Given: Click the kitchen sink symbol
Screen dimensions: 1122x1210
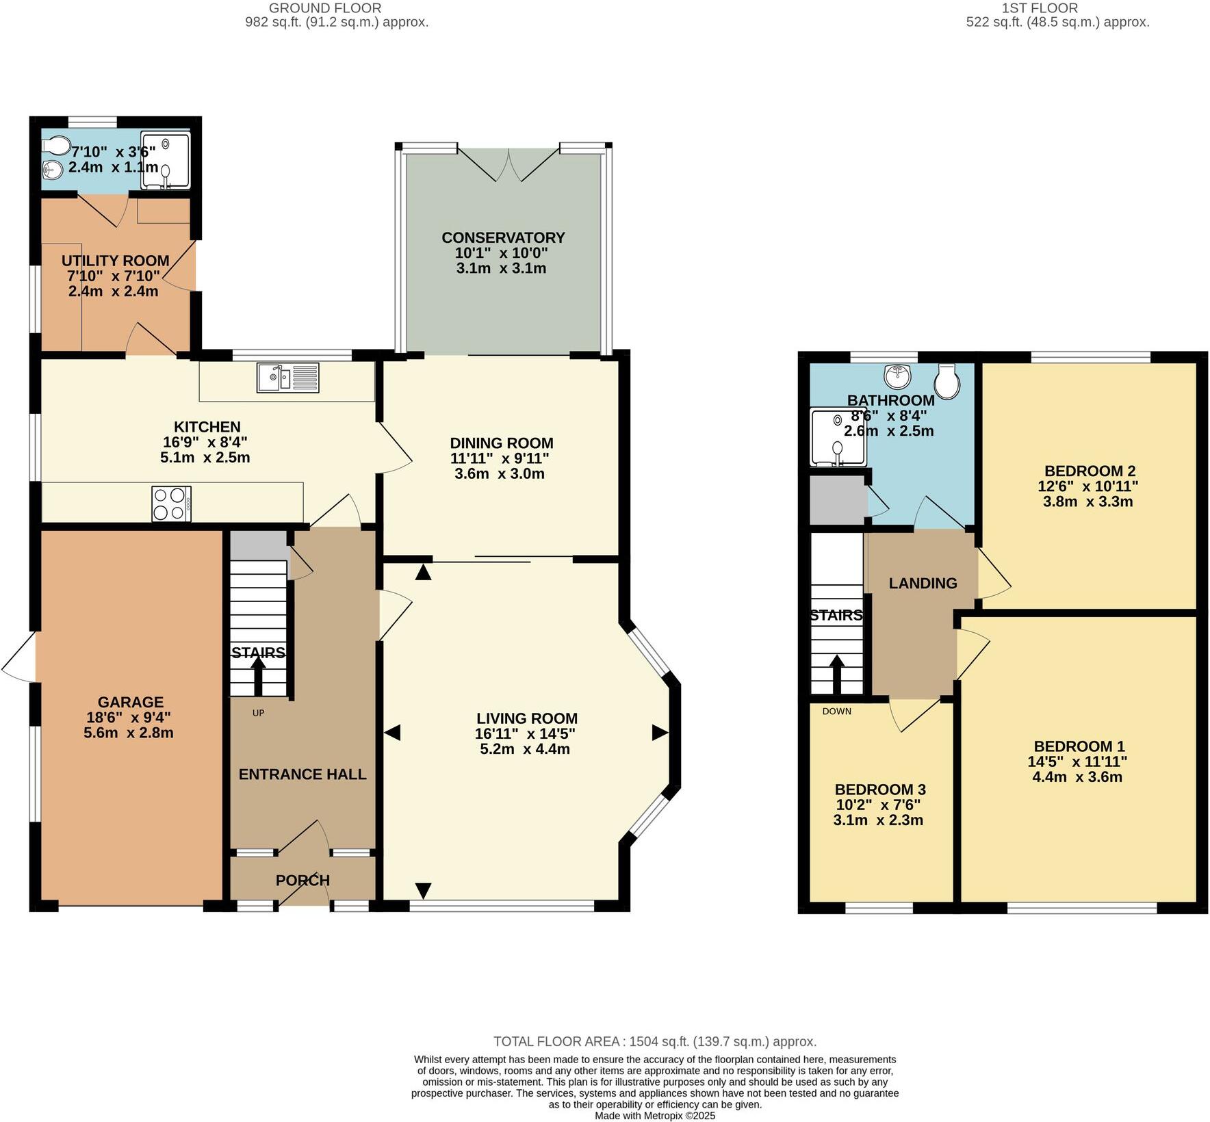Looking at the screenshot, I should (287, 377).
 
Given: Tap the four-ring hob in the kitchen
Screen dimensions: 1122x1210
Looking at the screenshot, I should (171, 504).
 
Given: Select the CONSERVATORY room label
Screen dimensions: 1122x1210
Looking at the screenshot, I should (503, 237).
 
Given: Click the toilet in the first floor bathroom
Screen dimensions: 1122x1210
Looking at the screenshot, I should (947, 381).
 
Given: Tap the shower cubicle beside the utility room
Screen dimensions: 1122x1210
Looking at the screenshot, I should (165, 160).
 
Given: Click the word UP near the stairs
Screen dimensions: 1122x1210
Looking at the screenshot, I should (258, 713).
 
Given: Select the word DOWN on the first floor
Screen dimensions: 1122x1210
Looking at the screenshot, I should (836, 712).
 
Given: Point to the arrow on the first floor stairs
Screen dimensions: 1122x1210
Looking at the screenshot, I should (836, 673).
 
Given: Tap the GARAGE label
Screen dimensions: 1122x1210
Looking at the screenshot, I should (131, 702).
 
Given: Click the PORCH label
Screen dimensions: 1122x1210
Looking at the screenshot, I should (302, 880).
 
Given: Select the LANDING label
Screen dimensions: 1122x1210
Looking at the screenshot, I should (923, 583).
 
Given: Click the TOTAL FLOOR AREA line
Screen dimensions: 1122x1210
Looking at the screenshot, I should (655, 1041).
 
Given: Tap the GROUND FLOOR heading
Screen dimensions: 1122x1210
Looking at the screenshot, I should (325, 8).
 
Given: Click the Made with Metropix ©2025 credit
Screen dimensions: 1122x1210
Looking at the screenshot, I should (655, 1115).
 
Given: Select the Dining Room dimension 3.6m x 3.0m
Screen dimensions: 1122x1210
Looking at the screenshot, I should (500, 473).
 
